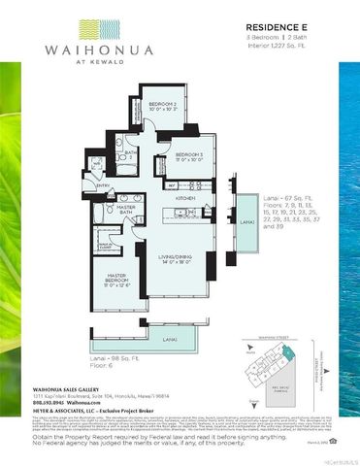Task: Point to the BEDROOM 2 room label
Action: [163, 105]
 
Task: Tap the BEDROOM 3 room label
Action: [191, 156]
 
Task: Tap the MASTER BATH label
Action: [126, 210]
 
